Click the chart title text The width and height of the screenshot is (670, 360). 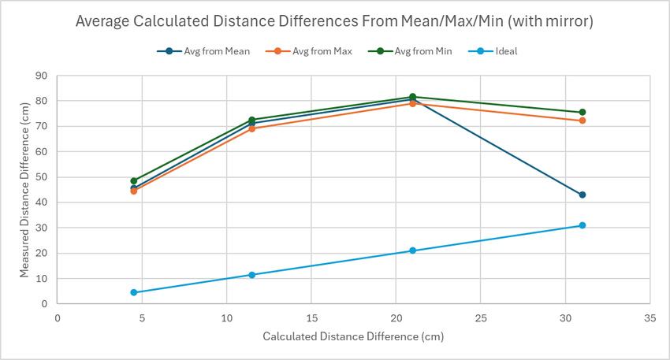pos(335,21)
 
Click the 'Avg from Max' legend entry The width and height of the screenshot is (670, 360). pos(315,51)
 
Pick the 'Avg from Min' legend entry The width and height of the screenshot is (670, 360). pos(418,51)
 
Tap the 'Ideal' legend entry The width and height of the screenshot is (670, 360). pos(501,51)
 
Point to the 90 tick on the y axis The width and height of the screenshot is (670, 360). pos(42,76)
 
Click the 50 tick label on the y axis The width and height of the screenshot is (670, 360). pos(42,177)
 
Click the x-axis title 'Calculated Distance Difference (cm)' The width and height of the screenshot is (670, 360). pos(353,337)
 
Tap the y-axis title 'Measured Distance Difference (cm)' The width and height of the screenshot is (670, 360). pos(24,189)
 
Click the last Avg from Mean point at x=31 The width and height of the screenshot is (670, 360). pos(583,195)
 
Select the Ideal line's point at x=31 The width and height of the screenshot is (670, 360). pos(583,225)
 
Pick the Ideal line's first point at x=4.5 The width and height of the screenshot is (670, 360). pos(134,292)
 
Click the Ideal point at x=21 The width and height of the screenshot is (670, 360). pos(412,251)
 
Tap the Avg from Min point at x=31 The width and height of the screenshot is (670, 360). pos(583,112)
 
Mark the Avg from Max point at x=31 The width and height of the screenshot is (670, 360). pos(583,121)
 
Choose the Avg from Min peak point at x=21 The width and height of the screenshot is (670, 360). pos(412,97)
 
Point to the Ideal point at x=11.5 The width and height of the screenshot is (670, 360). pos(252,275)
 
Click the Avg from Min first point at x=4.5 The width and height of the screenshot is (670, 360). pos(134,180)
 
